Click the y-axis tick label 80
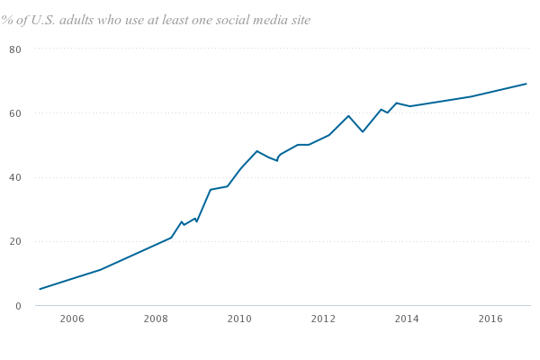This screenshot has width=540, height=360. (15, 49)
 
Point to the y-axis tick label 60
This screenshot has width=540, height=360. (15, 113)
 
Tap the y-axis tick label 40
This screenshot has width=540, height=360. (15, 177)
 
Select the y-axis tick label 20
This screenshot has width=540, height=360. (15, 241)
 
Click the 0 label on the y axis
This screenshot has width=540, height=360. (18, 306)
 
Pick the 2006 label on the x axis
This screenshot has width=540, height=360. (72, 319)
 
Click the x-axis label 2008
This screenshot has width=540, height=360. (156, 319)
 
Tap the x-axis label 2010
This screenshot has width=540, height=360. (239, 319)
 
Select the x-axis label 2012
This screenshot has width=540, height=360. (323, 319)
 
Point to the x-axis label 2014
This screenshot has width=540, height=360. (407, 319)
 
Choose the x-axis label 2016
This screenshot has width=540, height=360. (490, 319)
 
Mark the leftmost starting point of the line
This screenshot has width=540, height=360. (40, 289)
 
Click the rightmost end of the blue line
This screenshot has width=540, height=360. (526, 84)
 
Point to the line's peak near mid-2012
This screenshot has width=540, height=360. (348, 115)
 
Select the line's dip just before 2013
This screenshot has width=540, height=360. (363, 132)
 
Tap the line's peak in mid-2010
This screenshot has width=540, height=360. (256, 150)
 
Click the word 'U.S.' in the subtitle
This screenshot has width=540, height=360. (49, 20)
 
